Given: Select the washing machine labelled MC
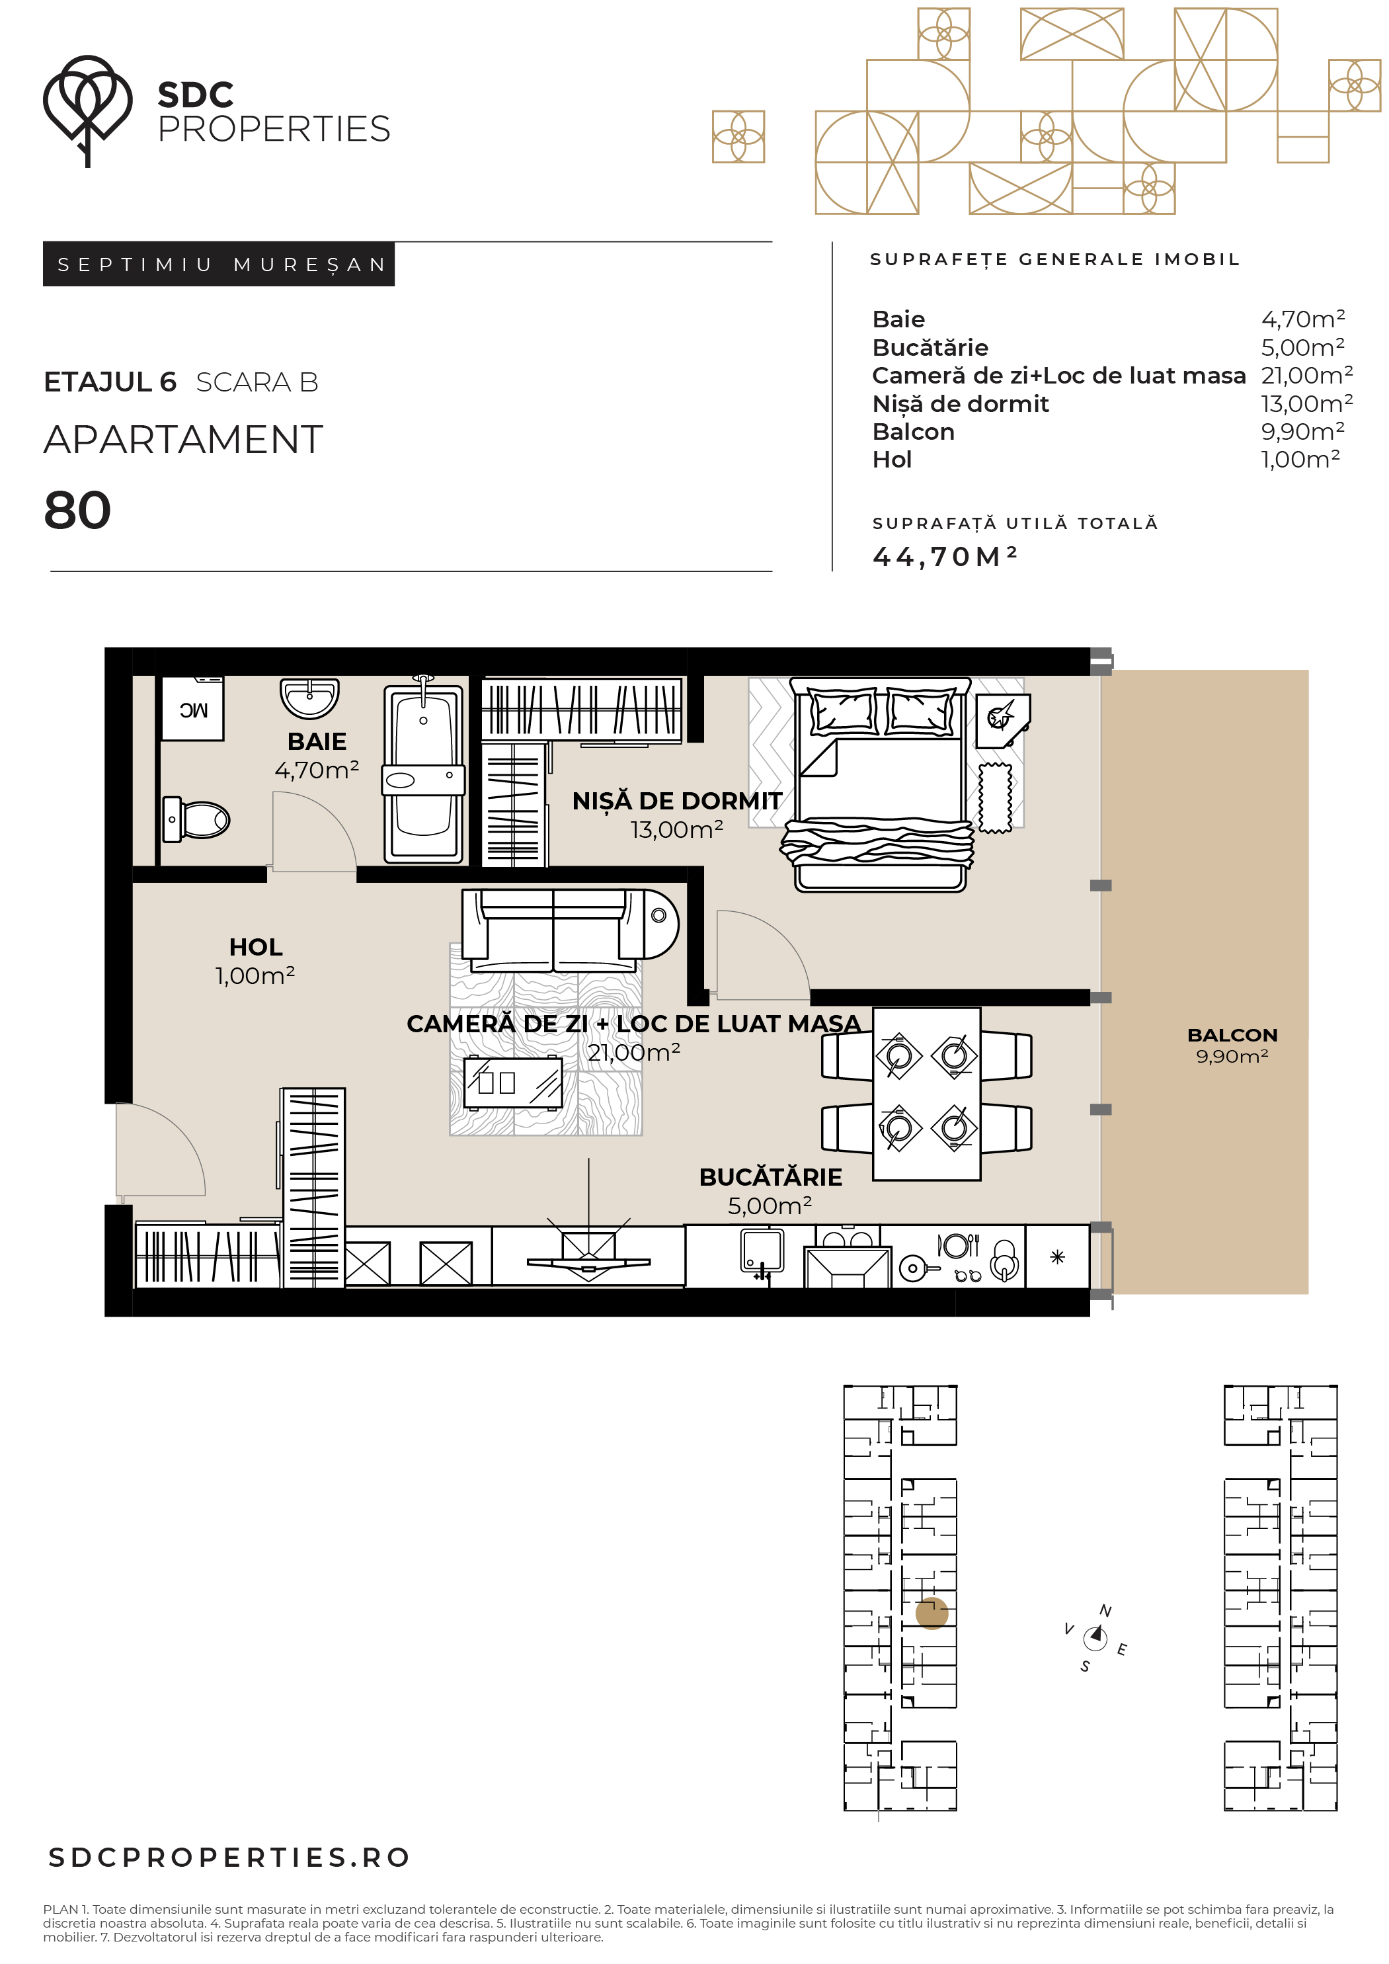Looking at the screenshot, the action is coord(192,708).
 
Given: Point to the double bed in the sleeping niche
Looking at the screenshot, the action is coord(879,784).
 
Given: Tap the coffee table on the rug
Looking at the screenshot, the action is coord(513,1083).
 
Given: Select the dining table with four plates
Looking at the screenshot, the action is coord(926,1093).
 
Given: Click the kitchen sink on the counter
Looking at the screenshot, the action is coord(762,1253).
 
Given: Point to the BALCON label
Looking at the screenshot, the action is coord(1232,1035).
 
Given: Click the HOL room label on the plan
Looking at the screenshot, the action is coord(256,947).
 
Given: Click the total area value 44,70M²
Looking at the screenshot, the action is coord(944,557).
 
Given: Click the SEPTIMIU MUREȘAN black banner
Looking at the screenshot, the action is coord(219,265).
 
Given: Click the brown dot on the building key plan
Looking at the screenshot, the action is coord(932,1614).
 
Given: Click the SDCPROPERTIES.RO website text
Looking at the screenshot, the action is coord(230,1857).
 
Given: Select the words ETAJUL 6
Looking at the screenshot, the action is coord(110,382).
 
